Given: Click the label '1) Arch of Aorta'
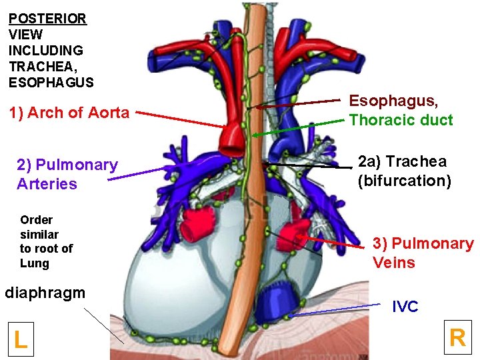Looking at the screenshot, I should tap(69, 113).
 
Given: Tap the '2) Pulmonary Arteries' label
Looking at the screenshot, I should tap(67, 174).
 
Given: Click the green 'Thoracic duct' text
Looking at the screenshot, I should tap(401, 121).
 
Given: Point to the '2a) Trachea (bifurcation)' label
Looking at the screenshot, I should tap(402, 171).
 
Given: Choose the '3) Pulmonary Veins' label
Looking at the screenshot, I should tap(423, 253).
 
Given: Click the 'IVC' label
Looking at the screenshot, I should tap(405, 307).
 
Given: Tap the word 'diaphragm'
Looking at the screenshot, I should tap(45, 293).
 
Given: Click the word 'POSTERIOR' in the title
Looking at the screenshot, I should tap(47, 19).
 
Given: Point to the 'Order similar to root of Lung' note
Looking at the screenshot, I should tap(46, 241).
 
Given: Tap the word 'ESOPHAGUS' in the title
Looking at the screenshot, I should tap(51, 83).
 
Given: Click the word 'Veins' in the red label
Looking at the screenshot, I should tap(394, 263).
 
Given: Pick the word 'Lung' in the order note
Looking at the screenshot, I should tap(35, 263).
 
